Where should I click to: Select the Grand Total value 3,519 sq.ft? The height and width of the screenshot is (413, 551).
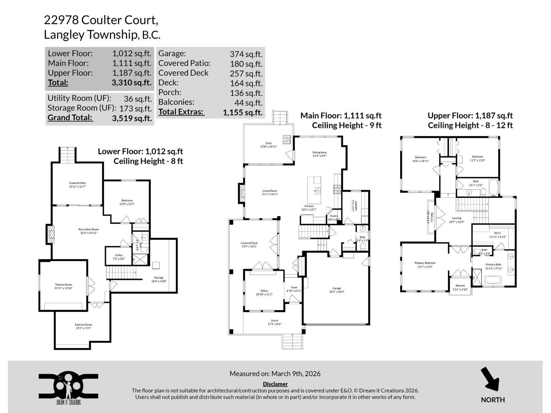coord(132,118)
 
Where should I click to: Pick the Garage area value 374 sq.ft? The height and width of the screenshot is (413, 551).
coord(246,54)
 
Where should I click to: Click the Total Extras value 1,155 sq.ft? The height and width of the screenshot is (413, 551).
coord(242,112)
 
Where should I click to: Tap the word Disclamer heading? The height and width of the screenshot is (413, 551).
coord(275,384)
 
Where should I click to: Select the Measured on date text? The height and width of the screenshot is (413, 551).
coord(275,374)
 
